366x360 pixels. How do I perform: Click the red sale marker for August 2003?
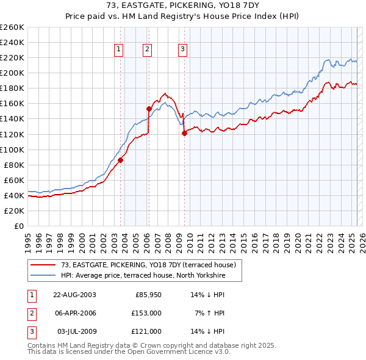click(121, 160)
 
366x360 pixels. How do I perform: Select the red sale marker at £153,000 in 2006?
click(149, 109)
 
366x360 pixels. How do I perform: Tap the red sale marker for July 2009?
click(184, 134)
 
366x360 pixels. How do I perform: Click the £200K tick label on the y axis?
click(12, 73)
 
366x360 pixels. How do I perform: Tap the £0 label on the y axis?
click(19, 226)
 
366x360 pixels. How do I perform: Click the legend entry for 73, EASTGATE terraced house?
click(152, 265)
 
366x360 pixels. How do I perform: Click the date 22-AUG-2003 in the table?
click(74, 295)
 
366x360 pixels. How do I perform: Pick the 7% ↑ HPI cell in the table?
click(210, 313)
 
